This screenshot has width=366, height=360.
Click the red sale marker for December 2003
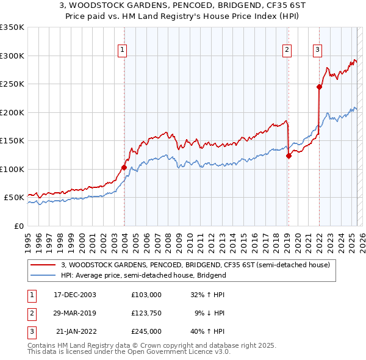pyautogui.click(x=124, y=167)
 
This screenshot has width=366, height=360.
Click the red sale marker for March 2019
pyautogui.click(x=289, y=156)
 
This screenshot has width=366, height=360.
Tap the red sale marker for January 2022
pyautogui.click(x=319, y=87)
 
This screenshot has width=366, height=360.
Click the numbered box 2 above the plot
pyautogui.click(x=287, y=51)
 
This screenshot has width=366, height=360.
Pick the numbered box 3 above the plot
pyautogui.click(x=318, y=51)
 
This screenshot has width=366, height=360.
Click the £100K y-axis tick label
pyautogui.click(x=12, y=169)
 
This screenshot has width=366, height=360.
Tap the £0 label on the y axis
pyautogui.click(x=18, y=226)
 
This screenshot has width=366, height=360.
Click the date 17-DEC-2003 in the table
pyautogui.click(x=75, y=295)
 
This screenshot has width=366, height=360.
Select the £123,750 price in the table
pyautogui.click(x=146, y=313)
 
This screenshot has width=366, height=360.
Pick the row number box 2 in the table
pyautogui.click(x=30, y=313)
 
